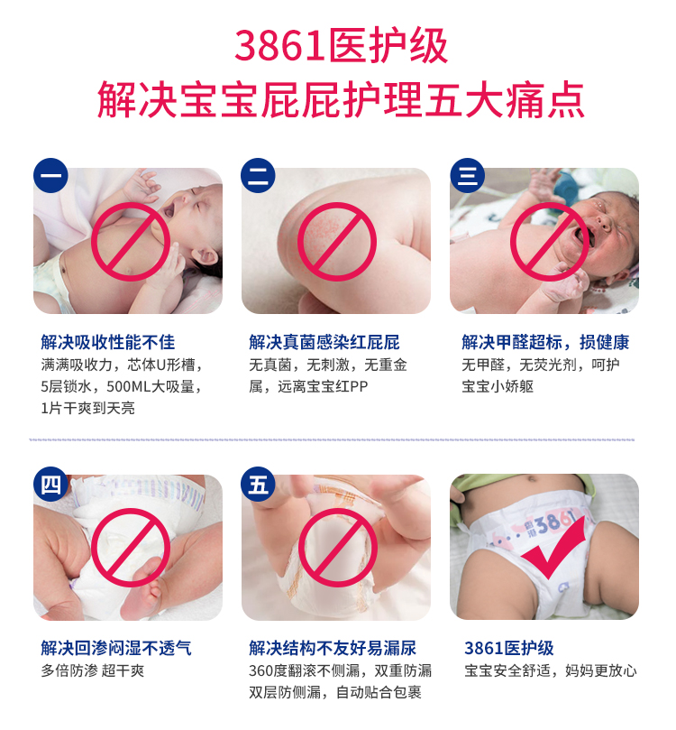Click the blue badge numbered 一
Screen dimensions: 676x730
pos(50,176)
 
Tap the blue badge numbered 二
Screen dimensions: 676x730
pos(258,176)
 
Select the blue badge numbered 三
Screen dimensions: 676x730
pos(467,176)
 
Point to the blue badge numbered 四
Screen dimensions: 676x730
pos(50,485)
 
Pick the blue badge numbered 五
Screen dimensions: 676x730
pos(258,485)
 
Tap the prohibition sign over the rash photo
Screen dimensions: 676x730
pos(336,242)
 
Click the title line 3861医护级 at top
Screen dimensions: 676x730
pos(341,46)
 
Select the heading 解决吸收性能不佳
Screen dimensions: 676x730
pos(108,342)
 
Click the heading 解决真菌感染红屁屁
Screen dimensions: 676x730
pos(324,342)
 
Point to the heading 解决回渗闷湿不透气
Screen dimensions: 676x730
pos(116,648)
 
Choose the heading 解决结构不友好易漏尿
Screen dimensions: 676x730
pos(333,648)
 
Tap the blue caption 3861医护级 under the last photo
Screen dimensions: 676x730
pos(509,648)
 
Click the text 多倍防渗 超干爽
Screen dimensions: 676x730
pos(93,670)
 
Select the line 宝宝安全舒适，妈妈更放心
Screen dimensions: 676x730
pos(551,670)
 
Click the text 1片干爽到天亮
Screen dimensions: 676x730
pos(87,408)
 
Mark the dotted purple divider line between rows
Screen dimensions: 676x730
pos(332,439)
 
